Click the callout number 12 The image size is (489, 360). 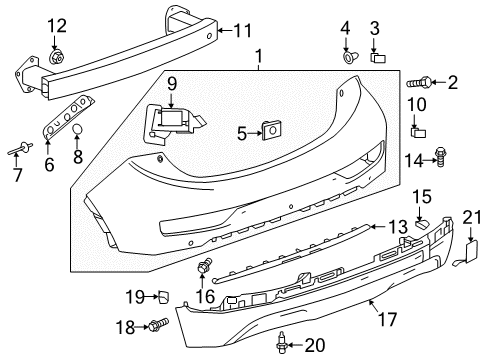57,25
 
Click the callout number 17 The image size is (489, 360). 387,321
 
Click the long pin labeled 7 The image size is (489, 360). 20,150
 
